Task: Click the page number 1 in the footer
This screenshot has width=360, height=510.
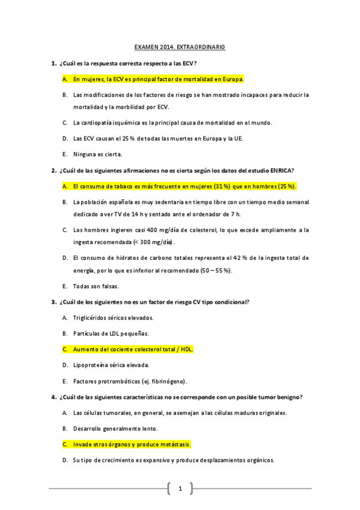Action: (180, 488)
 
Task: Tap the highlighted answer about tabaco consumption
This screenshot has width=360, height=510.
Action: (185, 186)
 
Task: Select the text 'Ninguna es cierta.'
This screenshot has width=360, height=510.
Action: (97, 154)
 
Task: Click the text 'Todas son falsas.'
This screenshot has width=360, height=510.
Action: (96, 286)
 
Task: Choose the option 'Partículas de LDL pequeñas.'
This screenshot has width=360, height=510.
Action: (111, 333)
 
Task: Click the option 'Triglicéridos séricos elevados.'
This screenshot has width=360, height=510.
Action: (113, 318)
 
